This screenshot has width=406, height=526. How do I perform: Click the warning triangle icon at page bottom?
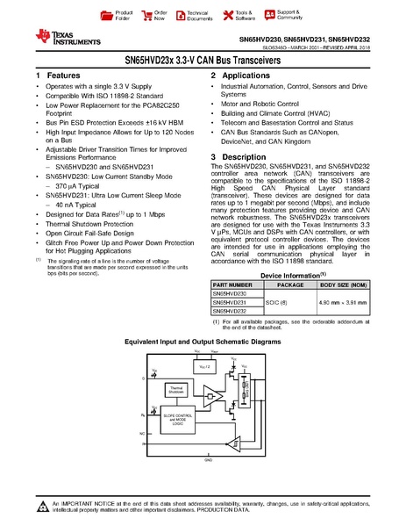[x=43, y=505]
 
